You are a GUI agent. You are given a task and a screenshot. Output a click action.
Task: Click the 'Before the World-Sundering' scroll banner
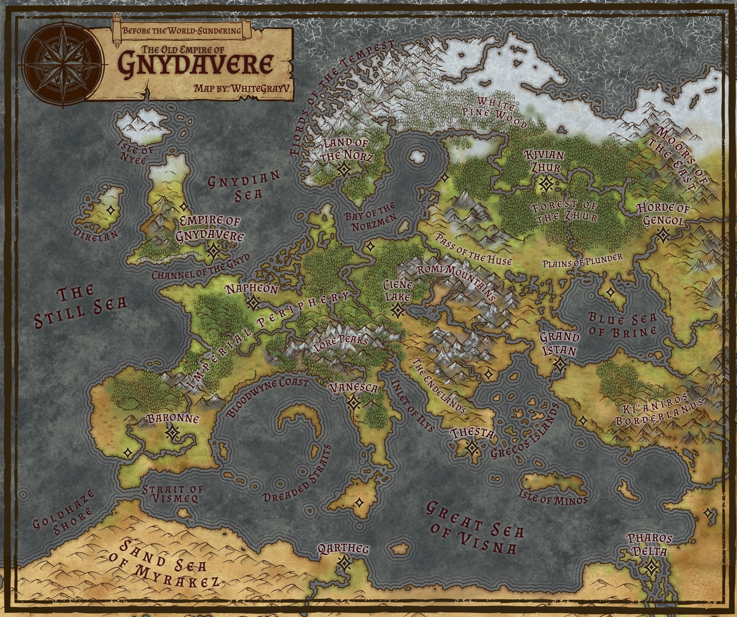tap(182, 30)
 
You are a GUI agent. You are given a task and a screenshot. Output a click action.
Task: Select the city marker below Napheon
tap(254, 303)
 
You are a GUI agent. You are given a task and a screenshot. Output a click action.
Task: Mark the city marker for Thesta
tap(471, 448)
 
